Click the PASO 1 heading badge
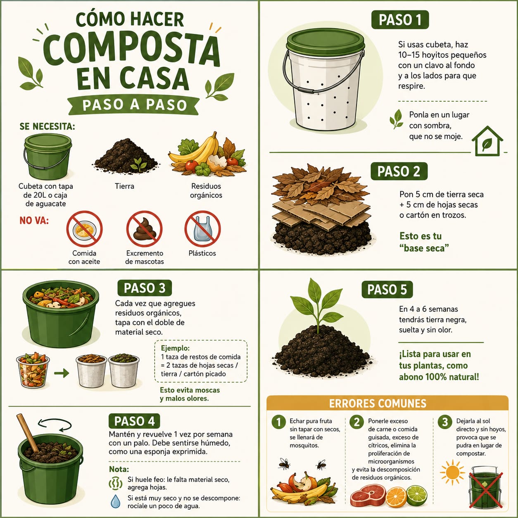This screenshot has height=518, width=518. [x=400, y=20]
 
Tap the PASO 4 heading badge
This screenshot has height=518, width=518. [x=134, y=421]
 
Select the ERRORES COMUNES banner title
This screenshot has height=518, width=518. [x=378, y=403]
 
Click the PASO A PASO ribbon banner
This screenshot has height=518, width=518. [x=133, y=105]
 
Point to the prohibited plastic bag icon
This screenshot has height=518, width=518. [x=202, y=229]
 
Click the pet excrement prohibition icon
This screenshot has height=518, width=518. [x=144, y=229]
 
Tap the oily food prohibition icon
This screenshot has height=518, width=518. [x=84, y=229]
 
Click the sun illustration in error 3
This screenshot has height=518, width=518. [x=452, y=472]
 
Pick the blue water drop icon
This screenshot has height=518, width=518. [x=116, y=501]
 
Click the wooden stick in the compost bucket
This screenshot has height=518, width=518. [x=28, y=433]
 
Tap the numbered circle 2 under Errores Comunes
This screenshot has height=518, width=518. [x=356, y=422]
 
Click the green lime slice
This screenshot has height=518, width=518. [x=417, y=495]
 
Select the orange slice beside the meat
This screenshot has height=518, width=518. [x=396, y=497]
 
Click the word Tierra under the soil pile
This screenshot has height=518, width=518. [x=124, y=186]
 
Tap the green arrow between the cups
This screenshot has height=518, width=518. [x=62, y=373]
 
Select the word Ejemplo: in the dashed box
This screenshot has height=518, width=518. [x=175, y=348]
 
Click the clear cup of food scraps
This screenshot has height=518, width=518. [x=33, y=371]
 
